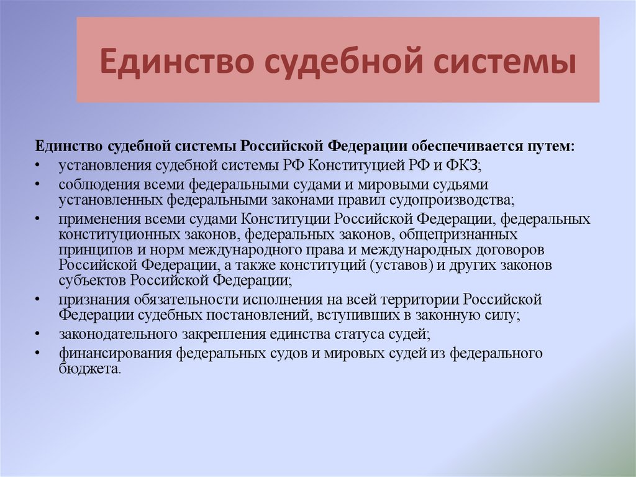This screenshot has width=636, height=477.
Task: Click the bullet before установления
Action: click(x=39, y=166)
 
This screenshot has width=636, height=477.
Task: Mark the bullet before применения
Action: click(x=39, y=220)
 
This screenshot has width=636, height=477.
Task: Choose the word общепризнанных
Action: click(x=459, y=234)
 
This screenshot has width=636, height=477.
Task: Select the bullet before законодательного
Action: click(x=39, y=334)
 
